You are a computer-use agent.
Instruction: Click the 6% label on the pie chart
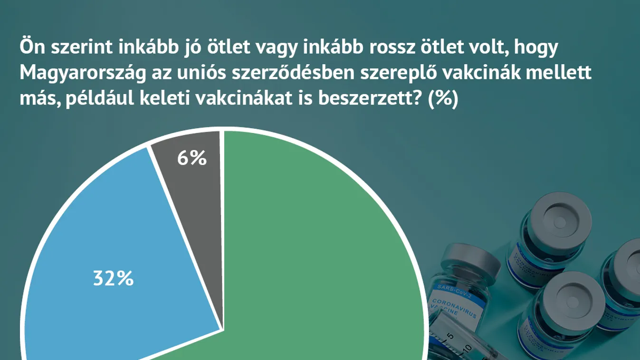click(x=192, y=159)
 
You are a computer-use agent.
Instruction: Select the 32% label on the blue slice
click(x=113, y=278)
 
